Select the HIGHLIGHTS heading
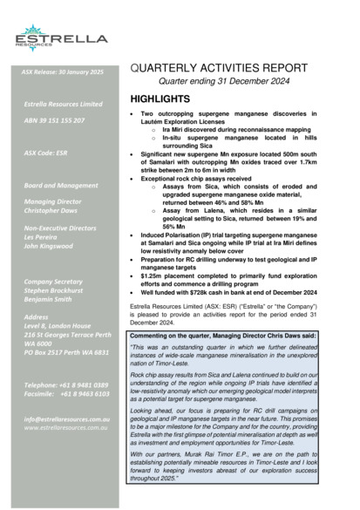click(x=160, y=99)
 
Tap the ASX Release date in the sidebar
click(x=62, y=71)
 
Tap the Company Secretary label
click(x=57, y=282)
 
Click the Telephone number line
click(x=65, y=384)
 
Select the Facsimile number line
click(x=66, y=393)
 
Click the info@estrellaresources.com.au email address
click(x=66, y=418)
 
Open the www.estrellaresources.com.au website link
click(x=66, y=427)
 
